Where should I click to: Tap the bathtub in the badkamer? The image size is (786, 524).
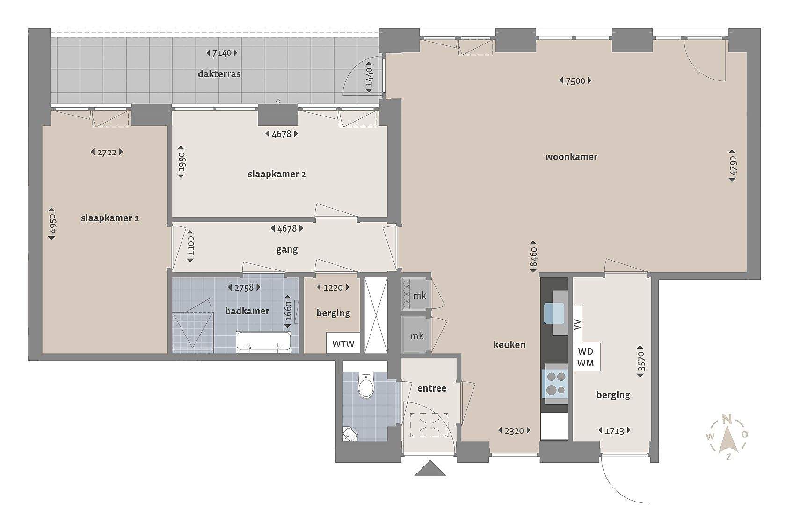(x=263, y=342)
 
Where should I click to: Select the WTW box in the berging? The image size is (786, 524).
(x=343, y=343)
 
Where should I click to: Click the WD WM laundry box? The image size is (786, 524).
(x=586, y=357)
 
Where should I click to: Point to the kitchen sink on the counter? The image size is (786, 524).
(x=554, y=313)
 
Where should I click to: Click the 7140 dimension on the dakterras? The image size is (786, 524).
(x=222, y=53)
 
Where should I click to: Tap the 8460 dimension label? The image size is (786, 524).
(x=533, y=256)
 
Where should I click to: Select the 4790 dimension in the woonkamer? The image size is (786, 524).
(x=732, y=166)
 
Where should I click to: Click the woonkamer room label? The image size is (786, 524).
(x=571, y=157)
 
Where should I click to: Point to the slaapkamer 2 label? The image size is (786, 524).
(x=277, y=174)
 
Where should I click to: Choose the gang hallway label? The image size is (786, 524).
(x=287, y=250)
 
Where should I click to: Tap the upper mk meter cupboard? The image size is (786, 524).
(x=416, y=294)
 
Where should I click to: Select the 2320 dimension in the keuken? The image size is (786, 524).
(x=514, y=430)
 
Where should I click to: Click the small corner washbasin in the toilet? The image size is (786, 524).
(x=349, y=434)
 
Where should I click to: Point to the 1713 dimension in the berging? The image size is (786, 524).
(x=614, y=430)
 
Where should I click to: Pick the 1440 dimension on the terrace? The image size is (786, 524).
(x=369, y=77)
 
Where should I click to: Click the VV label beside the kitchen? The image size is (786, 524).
(x=577, y=324)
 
